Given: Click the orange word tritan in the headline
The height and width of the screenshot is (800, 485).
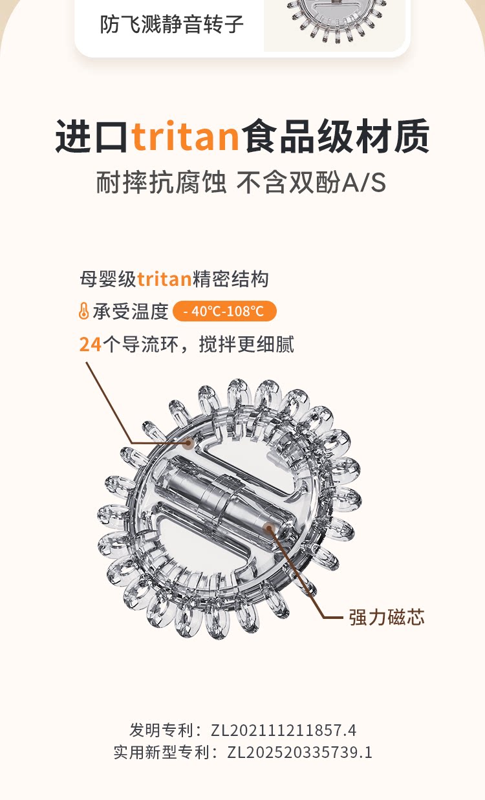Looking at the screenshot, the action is [x=186, y=137].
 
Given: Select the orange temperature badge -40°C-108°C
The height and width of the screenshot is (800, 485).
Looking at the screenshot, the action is [x=224, y=311].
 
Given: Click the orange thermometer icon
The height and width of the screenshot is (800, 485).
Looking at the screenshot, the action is [x=83, y=312].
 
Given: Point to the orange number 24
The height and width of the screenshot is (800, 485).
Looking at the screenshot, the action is [x=90, y=344].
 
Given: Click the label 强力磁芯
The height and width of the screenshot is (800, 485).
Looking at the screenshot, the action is [x=387, y=617].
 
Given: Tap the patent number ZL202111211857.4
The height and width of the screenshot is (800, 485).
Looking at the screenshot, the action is [x=283, y=731].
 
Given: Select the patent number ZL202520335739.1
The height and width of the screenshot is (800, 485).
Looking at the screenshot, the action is [x=300, y=752].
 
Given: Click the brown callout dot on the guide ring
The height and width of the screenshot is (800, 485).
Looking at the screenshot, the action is [x=188, y=444].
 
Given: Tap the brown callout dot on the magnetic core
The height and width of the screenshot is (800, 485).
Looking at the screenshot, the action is [x=270, y=529].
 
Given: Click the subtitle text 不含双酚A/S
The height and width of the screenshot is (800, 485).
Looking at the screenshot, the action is [x=311, y=183].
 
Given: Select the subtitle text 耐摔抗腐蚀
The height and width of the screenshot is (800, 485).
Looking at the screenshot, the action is [x=161, y=183].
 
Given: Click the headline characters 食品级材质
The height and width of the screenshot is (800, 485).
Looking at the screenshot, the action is [x=336, y=137].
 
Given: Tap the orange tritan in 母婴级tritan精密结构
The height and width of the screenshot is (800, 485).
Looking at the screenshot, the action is [x=164, y=279].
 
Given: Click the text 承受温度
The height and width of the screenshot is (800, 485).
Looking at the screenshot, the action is [x=131, y=312].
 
